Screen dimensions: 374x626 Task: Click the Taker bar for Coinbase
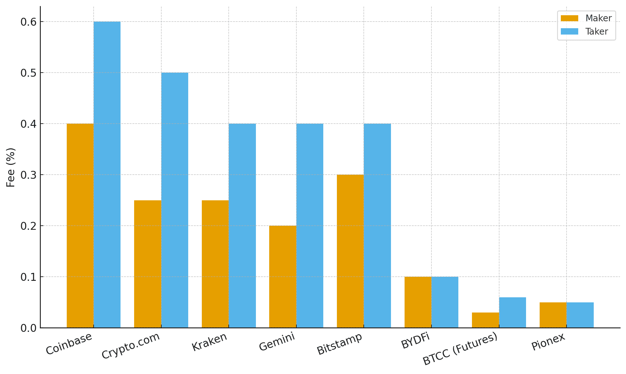point(107,175)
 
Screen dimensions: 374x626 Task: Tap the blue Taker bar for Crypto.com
point(175,200)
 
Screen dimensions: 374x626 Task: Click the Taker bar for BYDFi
point(445,302)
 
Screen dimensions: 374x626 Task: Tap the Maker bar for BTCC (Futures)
point(485,320)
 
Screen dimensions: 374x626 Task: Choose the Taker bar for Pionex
point(580,315)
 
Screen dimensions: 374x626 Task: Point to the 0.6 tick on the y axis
point(28,22)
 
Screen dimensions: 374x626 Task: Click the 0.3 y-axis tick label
point(28,175)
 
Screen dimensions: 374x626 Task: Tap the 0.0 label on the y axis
point(28,328)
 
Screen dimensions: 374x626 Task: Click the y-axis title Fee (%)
point(11,167)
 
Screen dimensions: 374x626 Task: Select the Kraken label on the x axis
point(209,342)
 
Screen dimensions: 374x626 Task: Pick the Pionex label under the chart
point(548,342)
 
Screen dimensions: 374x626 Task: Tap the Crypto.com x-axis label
point(131,346)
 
